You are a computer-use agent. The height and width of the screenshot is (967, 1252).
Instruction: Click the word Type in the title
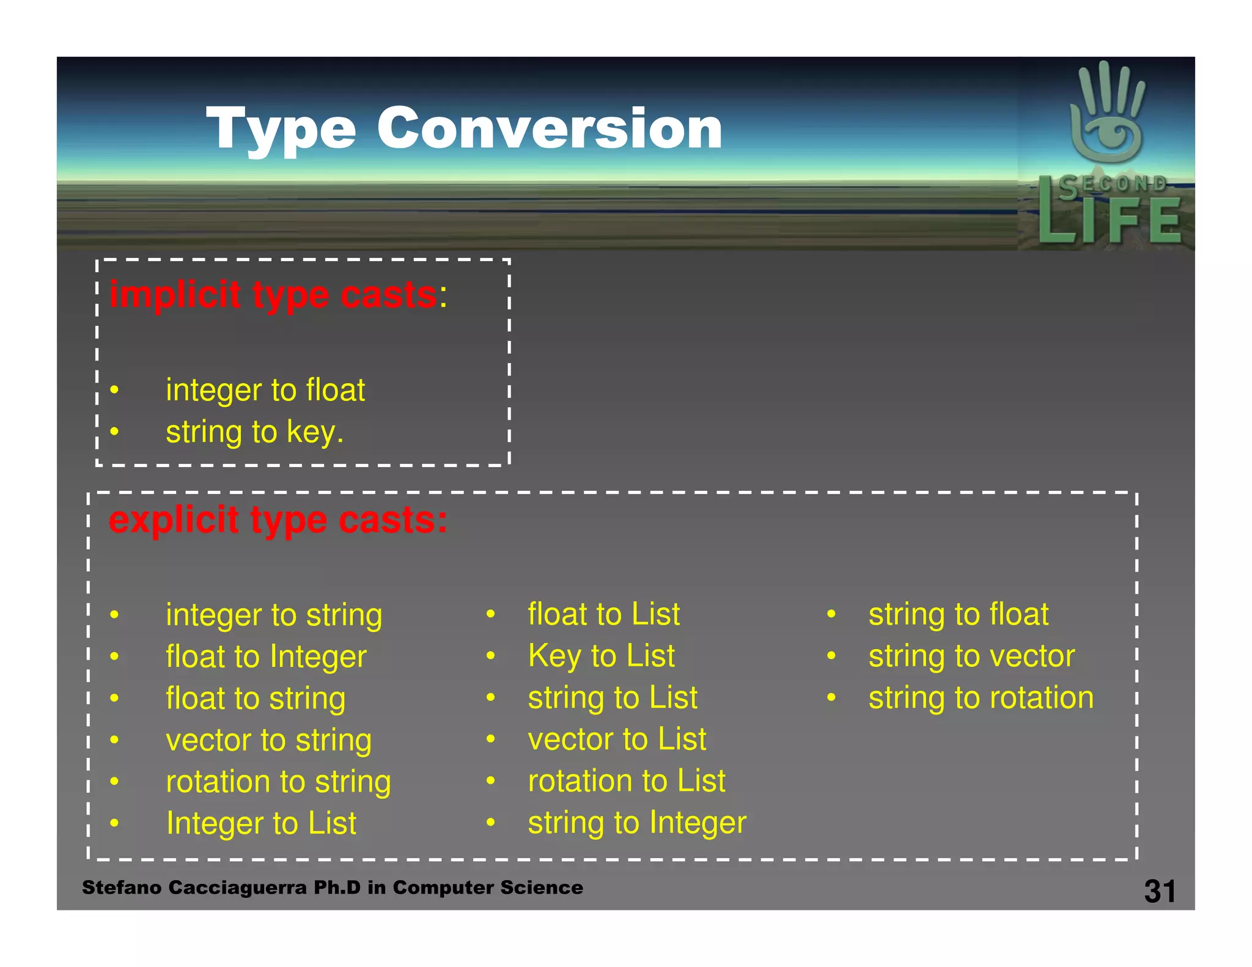pyautogui.click(x=281, y=130)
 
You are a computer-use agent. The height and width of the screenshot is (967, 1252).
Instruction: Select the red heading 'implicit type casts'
pyautogui.click(x=273, y=295)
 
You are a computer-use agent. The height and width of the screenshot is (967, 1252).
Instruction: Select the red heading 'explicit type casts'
pyautogui.click(x=278, y=521)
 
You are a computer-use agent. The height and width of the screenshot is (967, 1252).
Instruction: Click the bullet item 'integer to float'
pyautogui.click(x=265, y=390)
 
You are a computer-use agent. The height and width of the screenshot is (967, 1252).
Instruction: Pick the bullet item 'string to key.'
pyautogui.click(x=255, y=432)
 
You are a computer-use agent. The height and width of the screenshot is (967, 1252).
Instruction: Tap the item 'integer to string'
pyautogui.click(x=274, y=615)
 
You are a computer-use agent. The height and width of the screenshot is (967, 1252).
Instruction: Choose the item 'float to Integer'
pyautogui.click(x=266, y=657)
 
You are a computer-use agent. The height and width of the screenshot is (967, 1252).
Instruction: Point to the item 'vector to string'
pyautogui.click(x=268, y=740)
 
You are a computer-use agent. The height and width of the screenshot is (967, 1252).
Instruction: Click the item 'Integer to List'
pyautogui.click(x=261, y=823)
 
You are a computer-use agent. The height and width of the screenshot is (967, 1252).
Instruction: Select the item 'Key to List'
pyautogui.click(x=602, y=656)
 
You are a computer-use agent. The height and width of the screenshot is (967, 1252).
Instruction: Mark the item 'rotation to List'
pyautogui.click(x=627, y=781)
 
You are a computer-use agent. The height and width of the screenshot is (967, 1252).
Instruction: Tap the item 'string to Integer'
pyautogui.click(x=637, y=823)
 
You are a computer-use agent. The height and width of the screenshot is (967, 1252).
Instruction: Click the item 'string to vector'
pyautogui.click(x=971, y=656)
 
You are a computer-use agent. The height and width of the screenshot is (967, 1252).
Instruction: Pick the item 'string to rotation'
pyautogui.click(x=981, y=698)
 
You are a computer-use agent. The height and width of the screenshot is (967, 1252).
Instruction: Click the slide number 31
pyautogui.click(x=1160, y=891)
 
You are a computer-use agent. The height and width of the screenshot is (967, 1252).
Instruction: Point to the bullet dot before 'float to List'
pyautogui.click(x=490, y=614)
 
